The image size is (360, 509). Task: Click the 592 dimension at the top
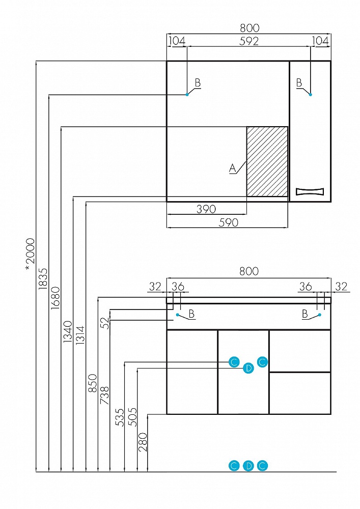pos(249,41)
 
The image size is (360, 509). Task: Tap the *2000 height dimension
pos(30,254)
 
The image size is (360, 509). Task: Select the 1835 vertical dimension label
pos(43,278)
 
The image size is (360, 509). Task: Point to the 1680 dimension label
pos(55,298)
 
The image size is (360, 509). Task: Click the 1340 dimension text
pos(68,332)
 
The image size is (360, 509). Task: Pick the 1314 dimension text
pos(80,335)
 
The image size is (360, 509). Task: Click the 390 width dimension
pos(206,209)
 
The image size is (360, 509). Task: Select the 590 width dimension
pos(229,222)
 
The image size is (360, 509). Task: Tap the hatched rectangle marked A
pos(267,161)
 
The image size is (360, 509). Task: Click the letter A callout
pos(232,168)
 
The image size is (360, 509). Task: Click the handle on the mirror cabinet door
pos(310,191)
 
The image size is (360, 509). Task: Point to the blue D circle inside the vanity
pos(248,368)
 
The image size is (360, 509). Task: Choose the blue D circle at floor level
pos(248,466)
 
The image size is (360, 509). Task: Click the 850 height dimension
pos(93,383)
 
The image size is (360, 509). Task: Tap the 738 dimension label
pos(105,395)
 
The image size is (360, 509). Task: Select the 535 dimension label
pos(120,417)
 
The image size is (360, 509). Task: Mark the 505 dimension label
pos(132,417)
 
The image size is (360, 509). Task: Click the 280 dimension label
pos(143,442)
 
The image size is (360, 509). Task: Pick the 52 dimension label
pos(105,323)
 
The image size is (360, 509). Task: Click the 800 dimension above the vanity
pos(249,271)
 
